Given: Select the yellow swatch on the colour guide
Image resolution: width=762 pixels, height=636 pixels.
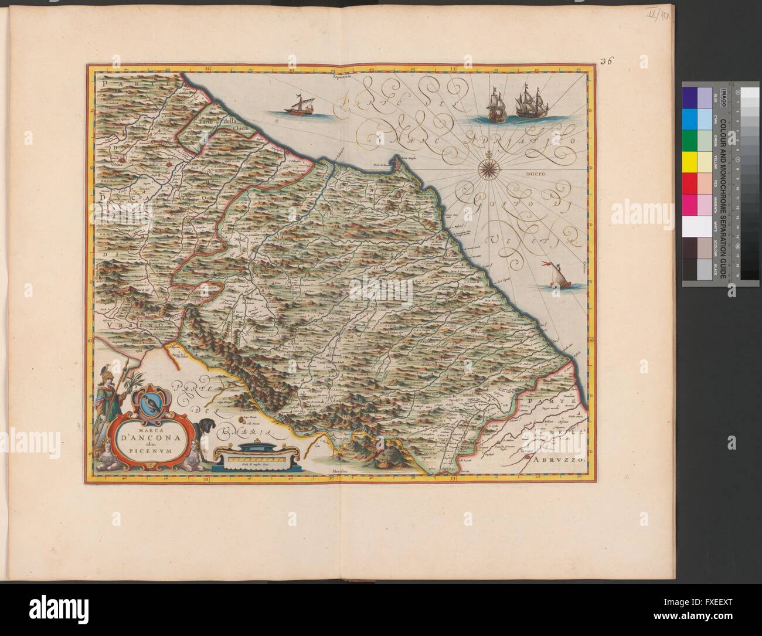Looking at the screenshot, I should coord(690,161).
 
